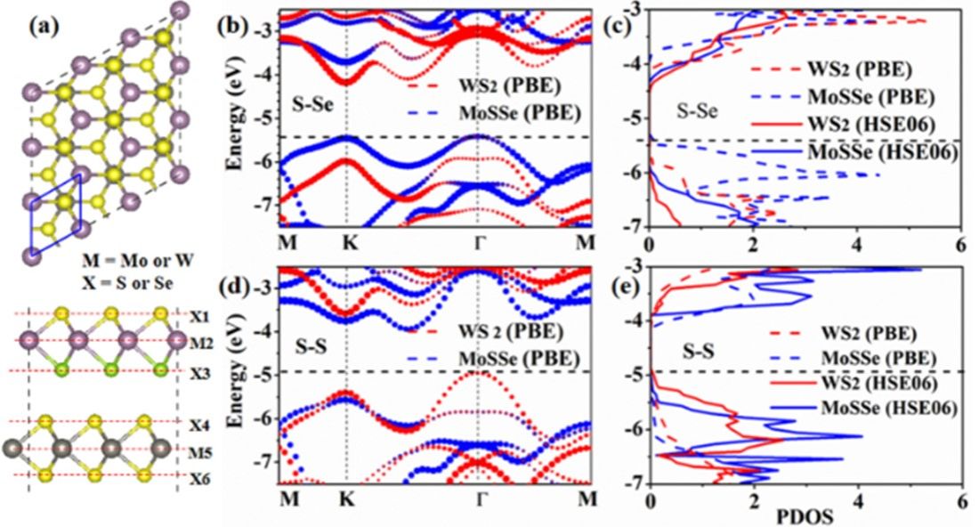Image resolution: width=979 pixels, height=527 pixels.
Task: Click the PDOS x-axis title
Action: click(x=805, y=515)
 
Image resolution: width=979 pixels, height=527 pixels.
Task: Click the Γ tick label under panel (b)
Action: click(x=479, y=243)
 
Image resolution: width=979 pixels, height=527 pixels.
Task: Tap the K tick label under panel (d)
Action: click(x=346, y=495)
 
